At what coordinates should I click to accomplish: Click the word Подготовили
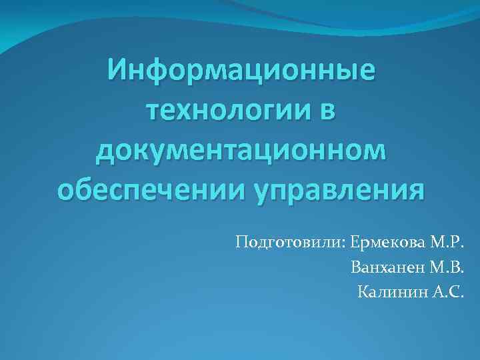[x=287, y=241]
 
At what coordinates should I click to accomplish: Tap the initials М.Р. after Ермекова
[x=445, y=241]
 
